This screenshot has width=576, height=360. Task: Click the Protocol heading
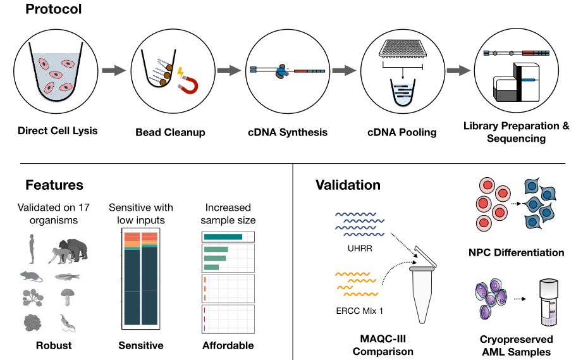[x=54, y=10]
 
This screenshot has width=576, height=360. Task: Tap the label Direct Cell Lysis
[x=58, y=131]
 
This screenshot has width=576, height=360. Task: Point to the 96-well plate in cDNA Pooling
[x=402, y=48]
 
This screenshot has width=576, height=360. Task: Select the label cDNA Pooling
[x=401, y=132]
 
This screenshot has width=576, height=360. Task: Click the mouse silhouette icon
[x=31, y=276]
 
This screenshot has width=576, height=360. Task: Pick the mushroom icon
[x=68, y=297]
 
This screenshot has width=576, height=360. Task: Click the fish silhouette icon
[x=67, y=276]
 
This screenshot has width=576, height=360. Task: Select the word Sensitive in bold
[x=141, y=345]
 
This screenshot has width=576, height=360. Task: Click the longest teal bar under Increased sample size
[x=223, y=237]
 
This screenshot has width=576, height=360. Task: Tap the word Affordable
[x=228, y=345]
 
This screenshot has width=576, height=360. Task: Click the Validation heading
[x=348, y=185]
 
